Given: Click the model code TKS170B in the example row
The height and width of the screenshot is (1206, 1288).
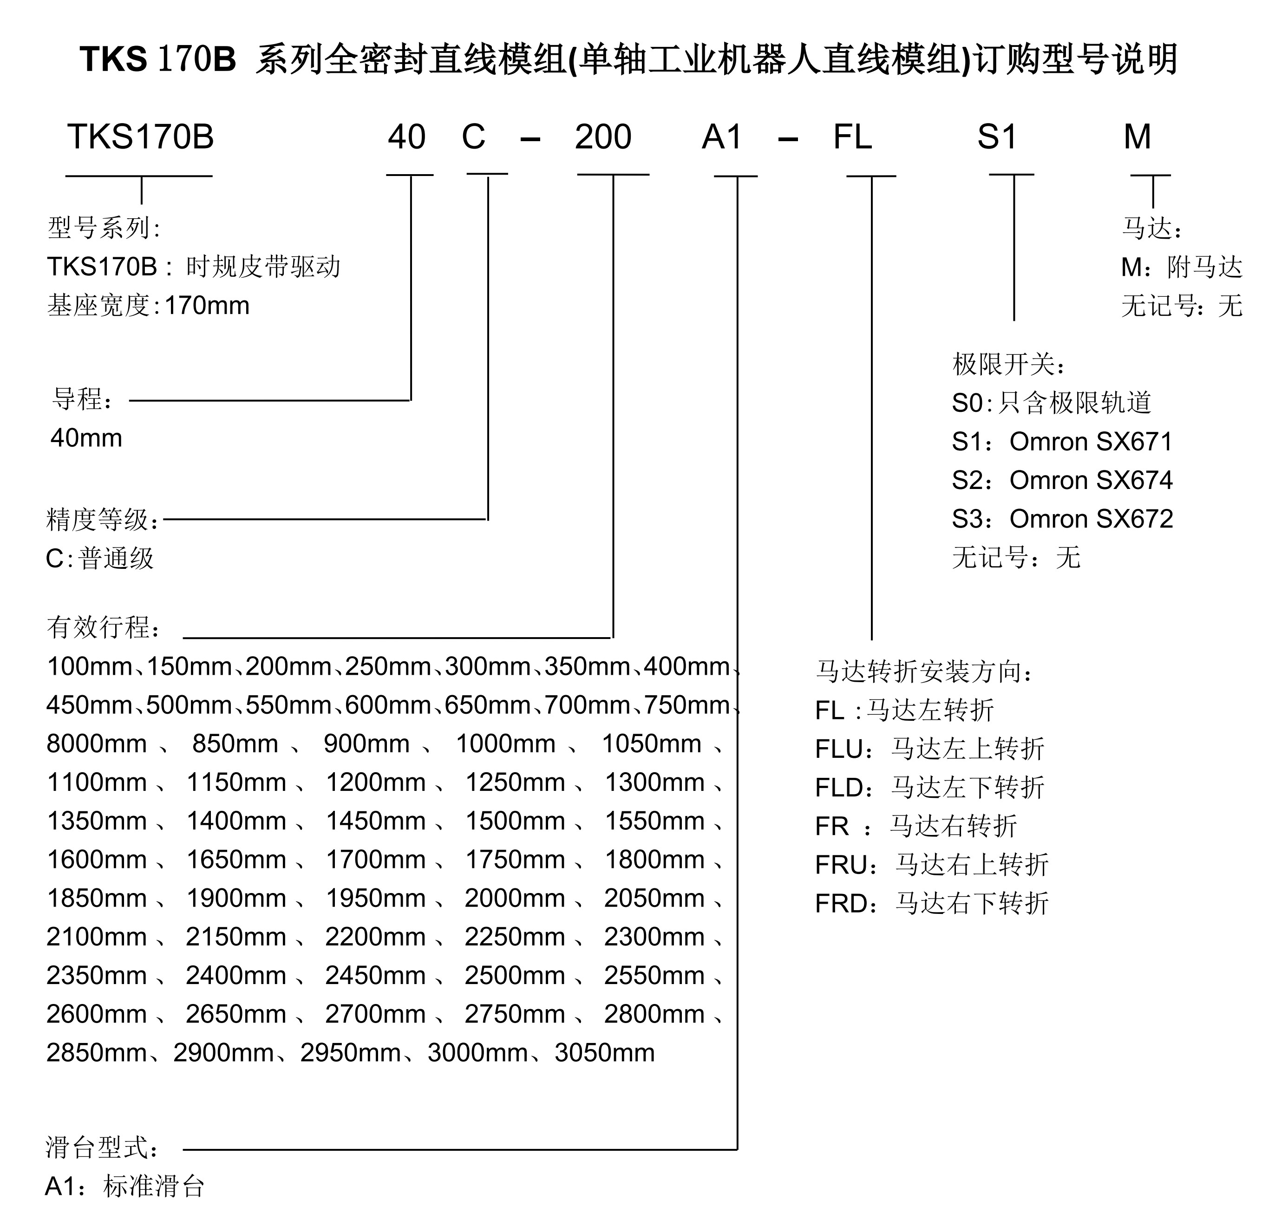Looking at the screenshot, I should click(140, 137).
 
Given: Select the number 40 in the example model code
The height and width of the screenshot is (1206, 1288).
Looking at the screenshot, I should click(406, 137).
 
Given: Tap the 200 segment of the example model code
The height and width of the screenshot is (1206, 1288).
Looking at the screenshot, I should click(602, 137).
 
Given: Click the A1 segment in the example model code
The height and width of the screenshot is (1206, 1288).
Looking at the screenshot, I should click(722, 137).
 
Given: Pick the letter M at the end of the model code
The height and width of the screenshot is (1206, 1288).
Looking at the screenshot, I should click(1137, 137).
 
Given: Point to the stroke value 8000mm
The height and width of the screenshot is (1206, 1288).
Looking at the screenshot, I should click(97, 744).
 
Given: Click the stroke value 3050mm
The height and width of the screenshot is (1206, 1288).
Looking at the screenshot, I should click(604, 1053).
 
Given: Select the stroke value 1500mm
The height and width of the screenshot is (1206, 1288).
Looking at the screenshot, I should click(515, 821).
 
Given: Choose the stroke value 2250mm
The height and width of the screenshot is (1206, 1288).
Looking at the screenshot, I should click(515, 937).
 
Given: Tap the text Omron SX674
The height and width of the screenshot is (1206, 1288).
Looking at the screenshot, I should click(1091, 481).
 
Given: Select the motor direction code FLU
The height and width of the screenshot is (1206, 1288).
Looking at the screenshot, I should click(838, 750).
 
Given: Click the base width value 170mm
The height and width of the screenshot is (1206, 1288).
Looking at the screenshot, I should click(207, 306).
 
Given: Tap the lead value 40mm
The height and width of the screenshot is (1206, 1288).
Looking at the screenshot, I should click(86, 438).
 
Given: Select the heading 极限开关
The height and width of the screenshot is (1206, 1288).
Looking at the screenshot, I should click(1004, 365).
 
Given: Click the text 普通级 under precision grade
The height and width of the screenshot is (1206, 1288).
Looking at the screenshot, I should click(116, 558).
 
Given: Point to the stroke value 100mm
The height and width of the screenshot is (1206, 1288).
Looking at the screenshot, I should click(89, 666).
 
